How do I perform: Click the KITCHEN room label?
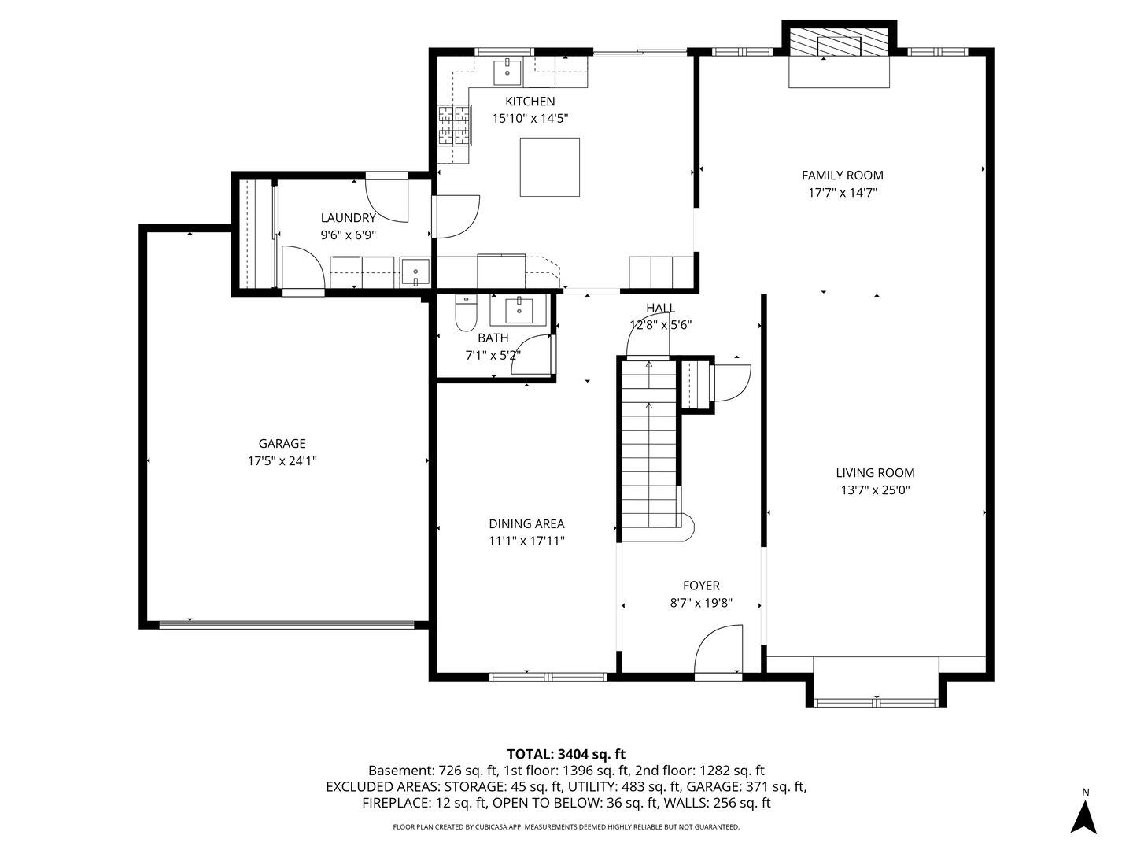pos(530,102)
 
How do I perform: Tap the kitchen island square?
pos(550,167)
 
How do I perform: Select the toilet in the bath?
pos(465,314)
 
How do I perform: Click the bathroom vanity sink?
pos(519,311)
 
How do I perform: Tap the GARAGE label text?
pos(282,444)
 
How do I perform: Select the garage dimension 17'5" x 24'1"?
pos(282,461)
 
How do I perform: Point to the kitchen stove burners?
pos(454,125)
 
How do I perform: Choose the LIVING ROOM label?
pos(875,473)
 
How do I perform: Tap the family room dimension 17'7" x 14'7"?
pos(842,193)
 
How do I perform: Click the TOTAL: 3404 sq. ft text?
pos(566,754)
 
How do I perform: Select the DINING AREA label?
pos(526,524)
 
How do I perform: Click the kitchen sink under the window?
pos(507,72)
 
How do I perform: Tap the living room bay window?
pos(876,700)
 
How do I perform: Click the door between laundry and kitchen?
pos(456,216)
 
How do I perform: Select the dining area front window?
pos(548,676)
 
